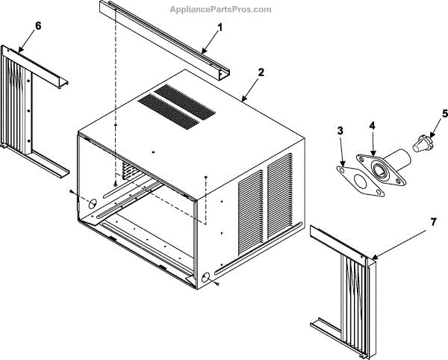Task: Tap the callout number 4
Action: tap(372, 127)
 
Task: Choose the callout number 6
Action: tap(38, 26)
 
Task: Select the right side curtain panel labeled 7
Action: tap(351, 284)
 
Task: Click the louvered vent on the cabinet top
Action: tap(176, 103)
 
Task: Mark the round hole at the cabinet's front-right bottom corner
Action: tap(203, 278)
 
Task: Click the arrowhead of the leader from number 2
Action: tap(242, 97)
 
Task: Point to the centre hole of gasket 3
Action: tap(359, 184)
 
